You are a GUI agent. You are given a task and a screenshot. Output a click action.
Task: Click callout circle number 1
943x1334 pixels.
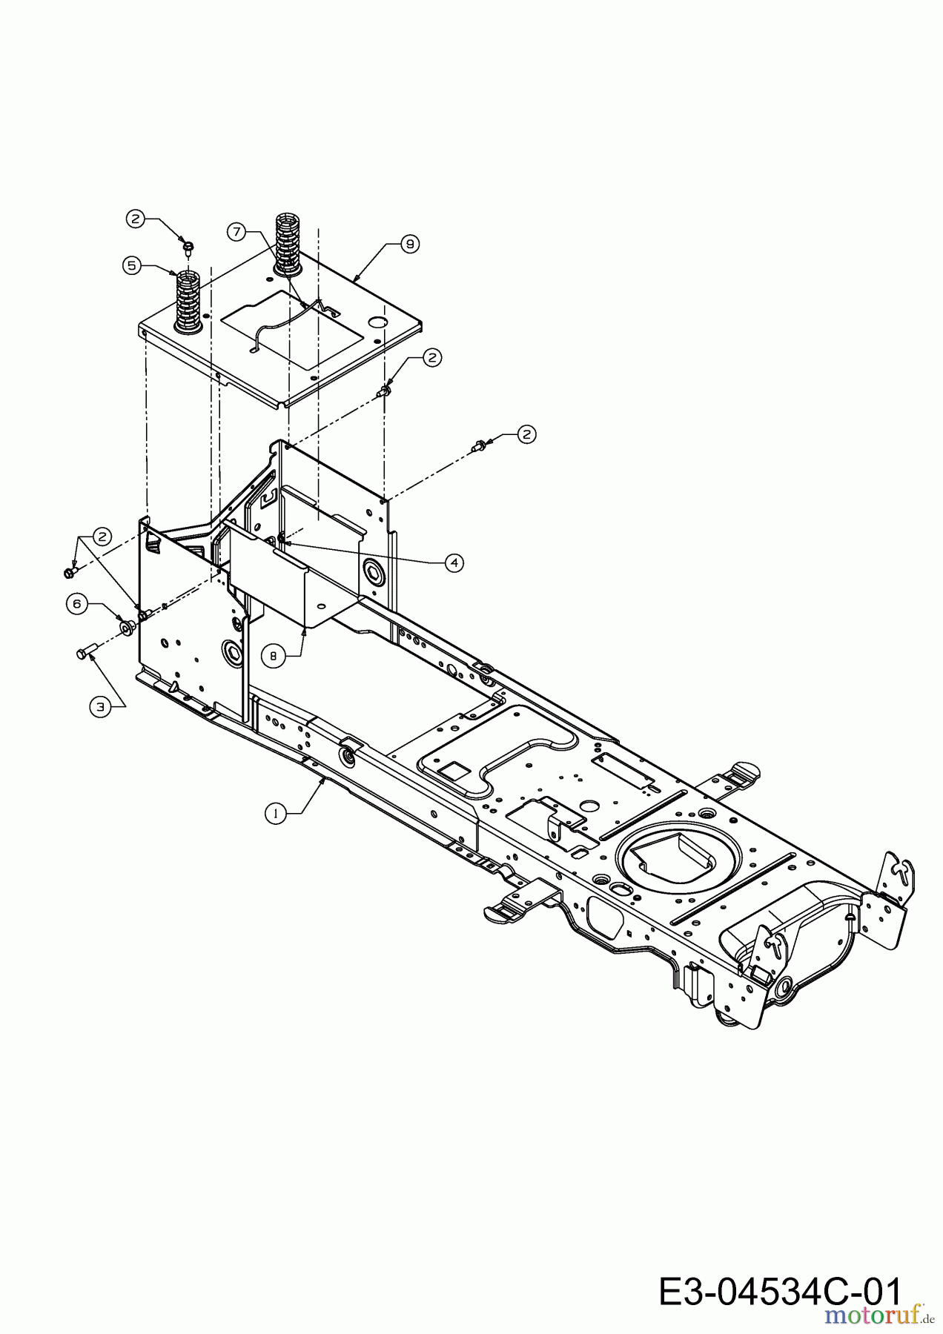tap(275, 813)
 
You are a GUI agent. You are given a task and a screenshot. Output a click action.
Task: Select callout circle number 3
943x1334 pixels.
tap(99, 707)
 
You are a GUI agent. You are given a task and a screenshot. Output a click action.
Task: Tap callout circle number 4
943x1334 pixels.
tap(454, 563)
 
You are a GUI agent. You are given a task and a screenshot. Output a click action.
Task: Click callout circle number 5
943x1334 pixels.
tap(132, 265)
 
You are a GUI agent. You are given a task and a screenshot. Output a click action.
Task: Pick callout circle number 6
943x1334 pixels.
tap(76, 603)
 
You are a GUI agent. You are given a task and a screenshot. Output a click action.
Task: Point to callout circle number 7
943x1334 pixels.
tap(236, 232)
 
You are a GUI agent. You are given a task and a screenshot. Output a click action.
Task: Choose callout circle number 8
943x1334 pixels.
tap(273, 655)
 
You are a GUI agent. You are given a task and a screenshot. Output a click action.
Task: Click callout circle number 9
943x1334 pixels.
tap(409, 242)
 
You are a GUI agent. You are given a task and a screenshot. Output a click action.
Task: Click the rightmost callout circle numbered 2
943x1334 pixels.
tap(526, 434)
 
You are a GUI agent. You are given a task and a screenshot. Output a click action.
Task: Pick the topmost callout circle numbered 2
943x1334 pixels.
tap(134, 219)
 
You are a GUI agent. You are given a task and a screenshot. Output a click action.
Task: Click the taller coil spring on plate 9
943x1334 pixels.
tap(287, 242)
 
